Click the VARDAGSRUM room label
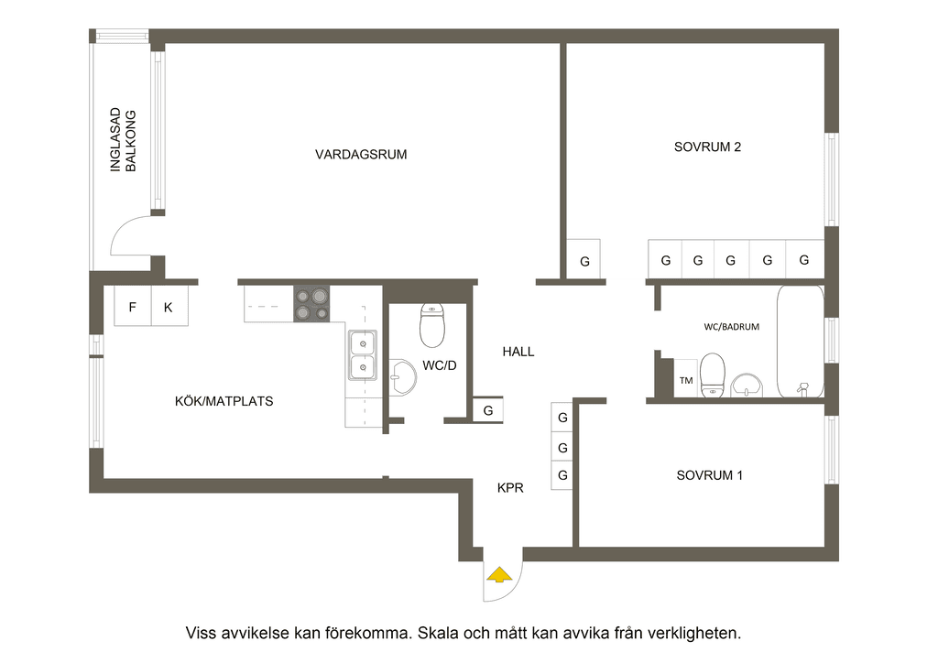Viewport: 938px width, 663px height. [361, 154]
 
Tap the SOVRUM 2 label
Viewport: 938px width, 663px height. [707, 147]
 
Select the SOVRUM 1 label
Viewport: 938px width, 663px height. [709, 475]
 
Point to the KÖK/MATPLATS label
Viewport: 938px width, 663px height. [224, 401]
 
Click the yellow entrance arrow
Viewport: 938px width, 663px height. [499, 575]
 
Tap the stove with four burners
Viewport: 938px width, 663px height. [311, 304]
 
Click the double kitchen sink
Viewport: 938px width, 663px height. [363, 355]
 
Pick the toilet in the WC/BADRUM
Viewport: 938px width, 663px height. [713, 375]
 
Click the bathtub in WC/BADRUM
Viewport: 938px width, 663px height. [801, 342]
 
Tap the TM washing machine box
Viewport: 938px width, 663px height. [685, 378]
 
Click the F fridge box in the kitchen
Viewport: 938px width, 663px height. [133, 307]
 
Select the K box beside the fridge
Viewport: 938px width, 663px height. [169, 307]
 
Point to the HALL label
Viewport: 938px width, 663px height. [518, 352]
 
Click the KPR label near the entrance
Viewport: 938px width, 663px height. [510, 488]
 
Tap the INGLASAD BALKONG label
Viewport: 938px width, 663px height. [124, 140]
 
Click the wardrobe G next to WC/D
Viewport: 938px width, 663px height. [488, 411]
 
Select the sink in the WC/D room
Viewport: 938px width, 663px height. [403, 377]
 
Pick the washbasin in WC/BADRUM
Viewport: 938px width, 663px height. [747, 386]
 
